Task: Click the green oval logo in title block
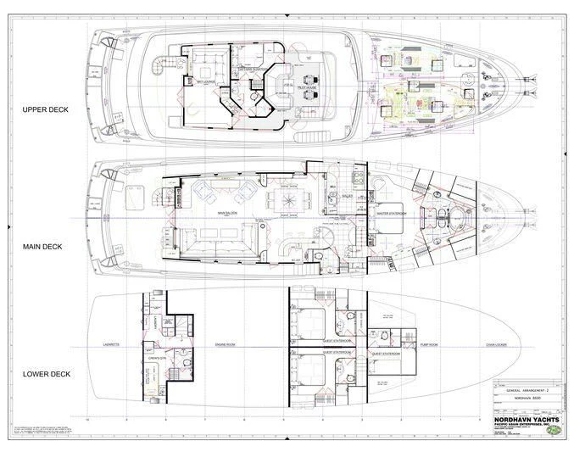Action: [555, 429]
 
